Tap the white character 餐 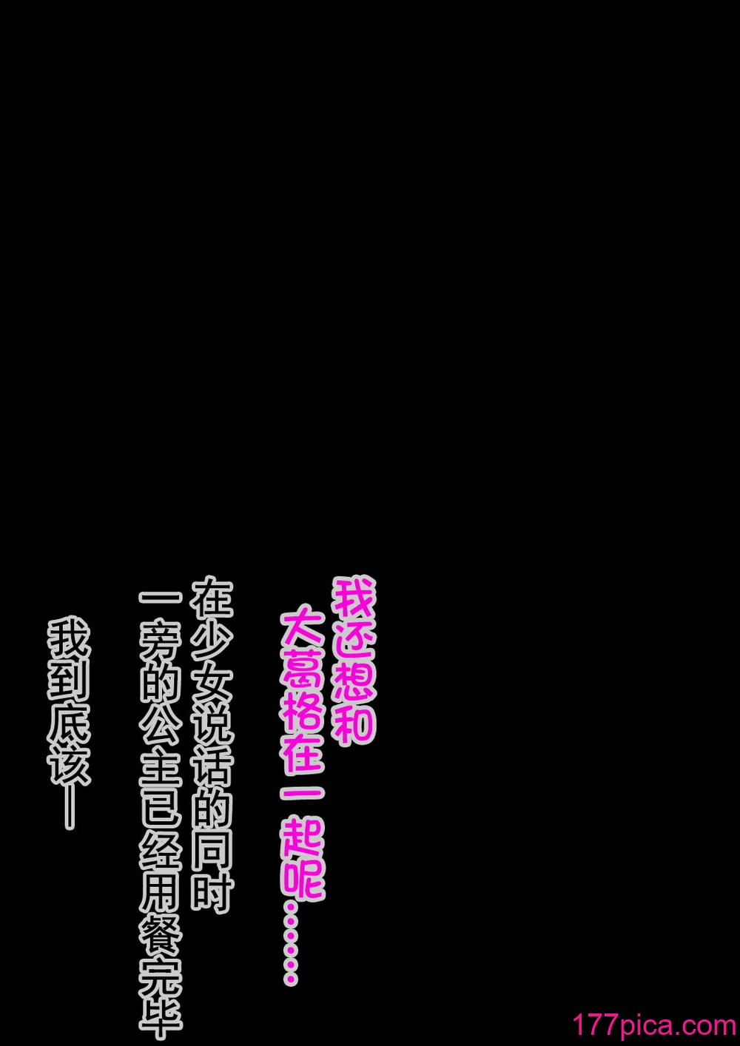coord(161,933)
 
